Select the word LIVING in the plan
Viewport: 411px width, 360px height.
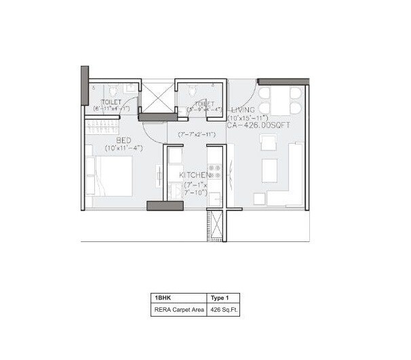[x=243, y=111]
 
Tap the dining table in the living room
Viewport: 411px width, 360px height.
[x=279, y=100]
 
